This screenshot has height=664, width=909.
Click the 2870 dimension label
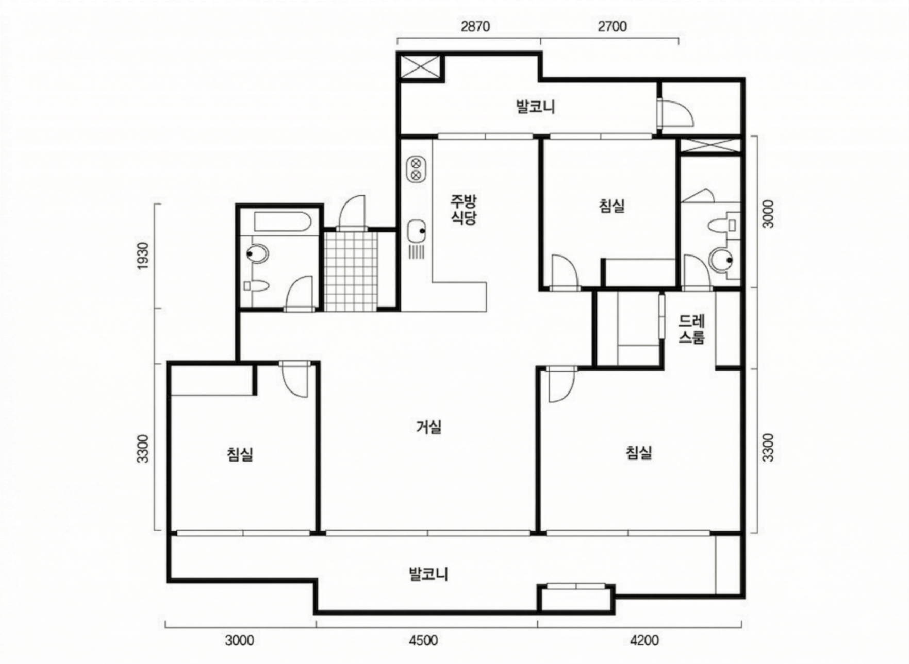pos(475,26)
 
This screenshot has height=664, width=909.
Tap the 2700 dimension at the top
pos(612,26)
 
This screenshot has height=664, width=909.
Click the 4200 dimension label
pos(644,640)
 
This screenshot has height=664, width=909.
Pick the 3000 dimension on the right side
pos(768,214)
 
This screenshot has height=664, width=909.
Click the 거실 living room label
pos(428,427)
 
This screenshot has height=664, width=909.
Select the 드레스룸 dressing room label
pos(691,330)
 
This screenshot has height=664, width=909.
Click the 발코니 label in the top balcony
pos(536,107)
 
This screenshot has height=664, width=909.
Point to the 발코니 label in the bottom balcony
pos(428,573)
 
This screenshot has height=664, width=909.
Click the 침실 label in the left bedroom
pos(240,454)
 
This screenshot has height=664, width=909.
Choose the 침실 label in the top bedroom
pos(612,206)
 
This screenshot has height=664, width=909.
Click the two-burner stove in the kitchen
pos(416,169)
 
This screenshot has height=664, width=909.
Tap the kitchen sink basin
pos(416,231)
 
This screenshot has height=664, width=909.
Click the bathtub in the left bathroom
pos(282,222)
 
